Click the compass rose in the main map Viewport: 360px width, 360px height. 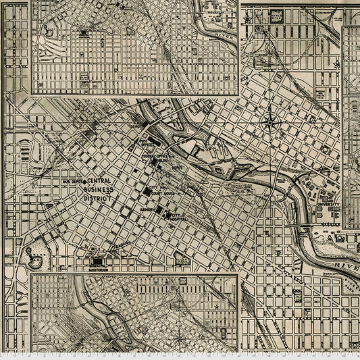(269, 122)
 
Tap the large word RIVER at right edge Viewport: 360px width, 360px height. (347, 265)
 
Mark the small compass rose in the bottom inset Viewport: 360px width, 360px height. (179, 338)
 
